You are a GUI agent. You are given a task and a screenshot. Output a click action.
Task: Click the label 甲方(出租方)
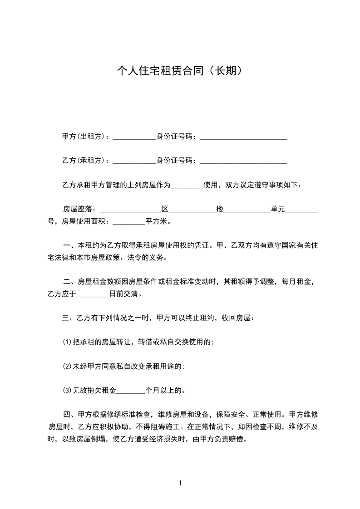85,136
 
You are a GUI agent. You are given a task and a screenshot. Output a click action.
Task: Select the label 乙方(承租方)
85,161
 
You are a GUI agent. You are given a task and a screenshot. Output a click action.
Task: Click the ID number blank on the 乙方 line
243,162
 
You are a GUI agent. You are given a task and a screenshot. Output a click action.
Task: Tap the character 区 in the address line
165,209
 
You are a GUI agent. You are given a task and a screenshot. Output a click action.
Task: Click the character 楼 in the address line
220,209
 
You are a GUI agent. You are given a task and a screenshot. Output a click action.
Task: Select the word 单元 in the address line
277,209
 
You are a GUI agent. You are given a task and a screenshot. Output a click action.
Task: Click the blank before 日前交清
93,295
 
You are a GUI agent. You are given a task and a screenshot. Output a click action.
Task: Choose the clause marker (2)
66,366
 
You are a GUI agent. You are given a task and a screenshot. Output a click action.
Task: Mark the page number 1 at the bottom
180,483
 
